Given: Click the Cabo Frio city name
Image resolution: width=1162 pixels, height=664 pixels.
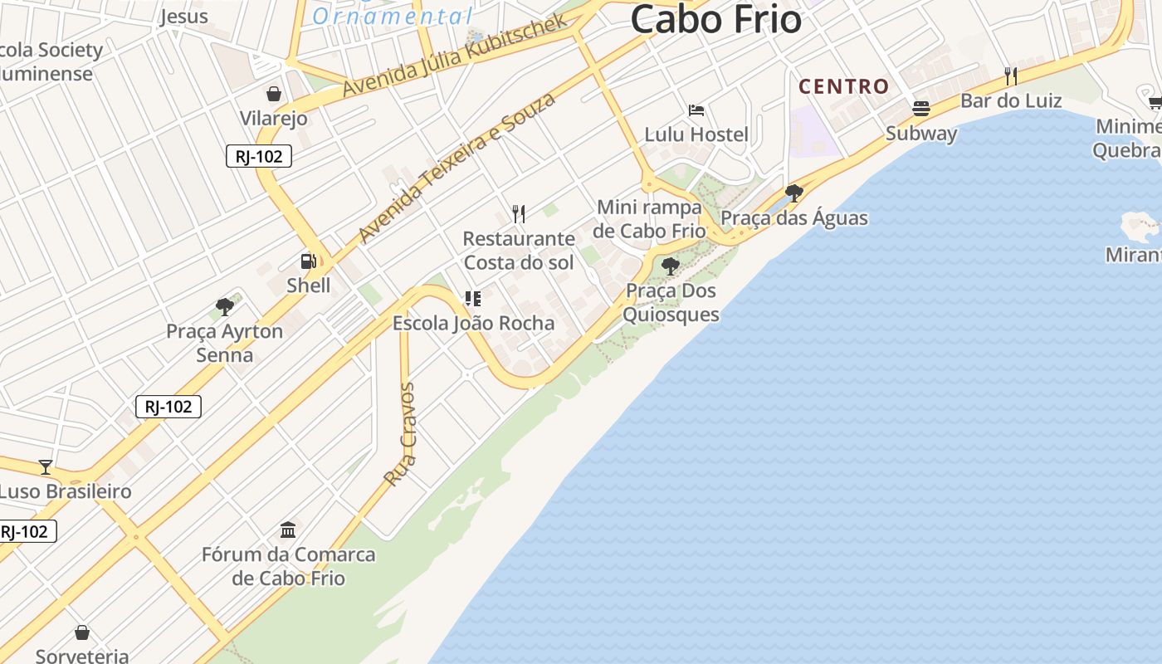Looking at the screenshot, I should click(715, 20).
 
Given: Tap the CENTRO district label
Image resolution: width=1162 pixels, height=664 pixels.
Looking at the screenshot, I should click(843, 86).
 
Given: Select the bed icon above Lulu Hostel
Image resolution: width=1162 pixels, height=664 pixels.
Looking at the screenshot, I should click(696, 110).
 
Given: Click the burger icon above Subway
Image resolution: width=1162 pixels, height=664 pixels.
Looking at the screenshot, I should click(920, 109).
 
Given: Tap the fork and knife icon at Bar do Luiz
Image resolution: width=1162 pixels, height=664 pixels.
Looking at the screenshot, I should click(1010, 76).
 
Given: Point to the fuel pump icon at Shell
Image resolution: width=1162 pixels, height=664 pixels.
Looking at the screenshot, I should click(309, 261).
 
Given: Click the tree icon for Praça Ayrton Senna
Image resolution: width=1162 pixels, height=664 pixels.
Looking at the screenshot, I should click(224, 307).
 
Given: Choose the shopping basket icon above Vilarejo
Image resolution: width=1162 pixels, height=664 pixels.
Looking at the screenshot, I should click(274, 94).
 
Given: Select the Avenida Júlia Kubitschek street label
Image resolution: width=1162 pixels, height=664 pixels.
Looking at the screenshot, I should click(455, 55).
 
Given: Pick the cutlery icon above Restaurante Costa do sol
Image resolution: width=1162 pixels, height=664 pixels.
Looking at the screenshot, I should click(519, 214).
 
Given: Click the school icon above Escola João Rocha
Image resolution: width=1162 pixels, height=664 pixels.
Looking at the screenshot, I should click(473, 299).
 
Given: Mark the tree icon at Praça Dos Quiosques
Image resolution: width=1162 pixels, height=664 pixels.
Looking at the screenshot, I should click(671, 266).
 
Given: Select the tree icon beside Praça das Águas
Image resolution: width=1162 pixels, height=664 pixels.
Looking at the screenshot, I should click(793, 193).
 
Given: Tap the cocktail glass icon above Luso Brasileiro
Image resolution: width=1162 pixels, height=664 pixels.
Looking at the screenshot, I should click(46, 466).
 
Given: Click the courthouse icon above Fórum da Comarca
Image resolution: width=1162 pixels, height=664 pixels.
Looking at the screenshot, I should click(288, 530).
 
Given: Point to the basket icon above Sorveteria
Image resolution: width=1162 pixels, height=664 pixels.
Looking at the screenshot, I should click(82, 633).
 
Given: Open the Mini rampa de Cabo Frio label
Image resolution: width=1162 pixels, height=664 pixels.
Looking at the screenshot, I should click(649, 218).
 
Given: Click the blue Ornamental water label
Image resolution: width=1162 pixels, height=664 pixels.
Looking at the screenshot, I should click(393, 16).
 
